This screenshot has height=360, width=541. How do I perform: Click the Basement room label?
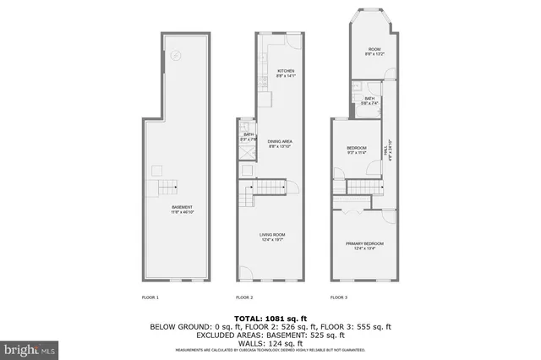pos(182,210)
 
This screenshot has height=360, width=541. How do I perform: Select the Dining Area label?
pos(280,144)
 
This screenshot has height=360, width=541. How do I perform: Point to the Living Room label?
pos(271,237)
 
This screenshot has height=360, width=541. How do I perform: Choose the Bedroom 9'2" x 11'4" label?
pos(355,150)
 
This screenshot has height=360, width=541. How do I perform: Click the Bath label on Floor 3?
pos(369,101)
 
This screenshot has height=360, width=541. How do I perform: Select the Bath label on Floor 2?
pos(249,137)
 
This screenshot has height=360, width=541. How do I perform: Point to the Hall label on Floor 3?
pos(389,150)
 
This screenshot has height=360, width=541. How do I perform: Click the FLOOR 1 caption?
pos(150,297)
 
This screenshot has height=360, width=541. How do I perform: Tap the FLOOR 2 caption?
pos(244,297)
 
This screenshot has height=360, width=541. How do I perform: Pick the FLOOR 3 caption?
pos(339,297)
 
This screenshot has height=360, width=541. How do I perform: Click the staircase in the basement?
pos(164,188)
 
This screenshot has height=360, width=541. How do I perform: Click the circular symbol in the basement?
pos(176,57)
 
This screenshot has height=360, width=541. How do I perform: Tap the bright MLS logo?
pos(30,347)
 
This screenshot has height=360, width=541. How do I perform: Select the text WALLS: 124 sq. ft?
pos(270,341)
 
